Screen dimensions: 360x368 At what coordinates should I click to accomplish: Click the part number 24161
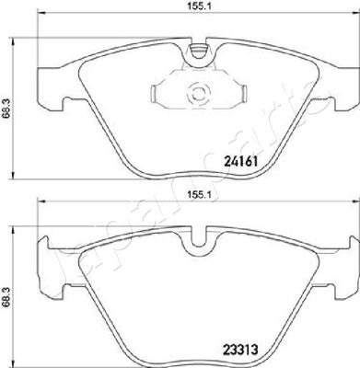(241, 161)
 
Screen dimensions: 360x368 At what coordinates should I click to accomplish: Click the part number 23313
(241, 350)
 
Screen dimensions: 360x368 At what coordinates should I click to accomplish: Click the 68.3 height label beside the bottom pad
(6, 296)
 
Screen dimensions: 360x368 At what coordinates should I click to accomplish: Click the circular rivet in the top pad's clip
(198, 94)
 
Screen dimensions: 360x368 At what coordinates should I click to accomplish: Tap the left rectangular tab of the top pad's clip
(154, 94)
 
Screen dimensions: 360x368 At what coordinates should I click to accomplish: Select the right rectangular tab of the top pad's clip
(243, 93)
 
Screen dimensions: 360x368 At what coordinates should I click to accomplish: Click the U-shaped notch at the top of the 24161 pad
(198, 52)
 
